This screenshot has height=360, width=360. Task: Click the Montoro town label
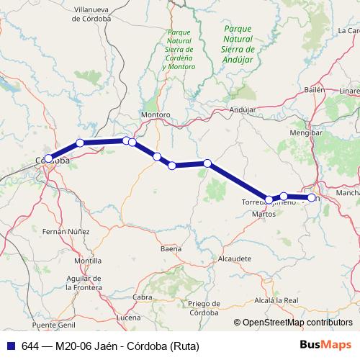coord(156,115)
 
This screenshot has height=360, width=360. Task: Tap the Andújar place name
coord(243,109)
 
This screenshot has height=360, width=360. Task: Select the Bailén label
coord(315,89)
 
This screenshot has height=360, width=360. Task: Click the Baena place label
coord(171,248)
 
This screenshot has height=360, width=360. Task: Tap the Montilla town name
coord(88,261)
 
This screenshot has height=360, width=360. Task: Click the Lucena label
coord(129,317)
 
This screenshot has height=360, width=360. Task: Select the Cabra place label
coord(143,297)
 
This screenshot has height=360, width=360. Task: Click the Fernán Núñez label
coord(66,232)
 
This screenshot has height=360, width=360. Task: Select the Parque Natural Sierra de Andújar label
coord(238,40)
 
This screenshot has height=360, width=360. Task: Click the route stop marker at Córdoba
coord(48,159)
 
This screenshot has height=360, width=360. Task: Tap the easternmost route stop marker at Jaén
coord(312,197)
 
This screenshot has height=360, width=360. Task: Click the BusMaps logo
coord(326,345)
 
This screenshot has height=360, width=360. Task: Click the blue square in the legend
coord(10,345)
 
